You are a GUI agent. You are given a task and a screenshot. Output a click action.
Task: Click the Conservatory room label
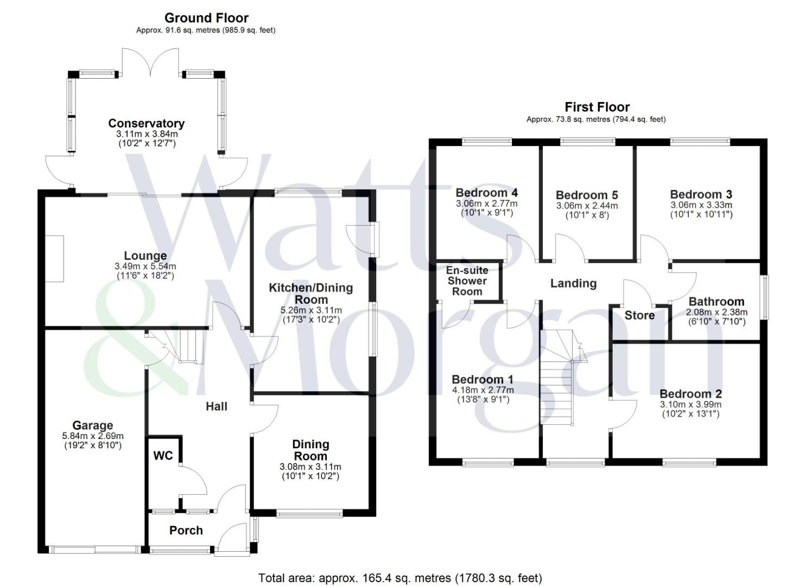146,124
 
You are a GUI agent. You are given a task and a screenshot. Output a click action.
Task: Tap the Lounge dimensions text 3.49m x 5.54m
145,266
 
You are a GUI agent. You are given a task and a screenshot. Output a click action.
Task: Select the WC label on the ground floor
163,456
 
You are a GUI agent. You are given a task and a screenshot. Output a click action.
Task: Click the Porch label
186,531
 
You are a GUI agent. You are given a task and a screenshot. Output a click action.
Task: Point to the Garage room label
93,426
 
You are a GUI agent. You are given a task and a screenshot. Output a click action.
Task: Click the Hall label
216,406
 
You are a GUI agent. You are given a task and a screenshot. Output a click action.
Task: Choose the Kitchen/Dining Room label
310,294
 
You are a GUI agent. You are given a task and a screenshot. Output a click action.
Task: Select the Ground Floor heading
206,18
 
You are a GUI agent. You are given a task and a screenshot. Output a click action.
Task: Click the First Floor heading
596,107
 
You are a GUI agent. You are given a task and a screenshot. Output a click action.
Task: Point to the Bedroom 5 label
587,195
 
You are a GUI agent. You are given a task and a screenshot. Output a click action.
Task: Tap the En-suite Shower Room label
467,281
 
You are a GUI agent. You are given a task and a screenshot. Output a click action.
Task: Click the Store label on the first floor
639,315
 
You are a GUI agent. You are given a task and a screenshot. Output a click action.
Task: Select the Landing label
573,283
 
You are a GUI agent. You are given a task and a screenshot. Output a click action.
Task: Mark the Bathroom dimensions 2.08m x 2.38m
716,313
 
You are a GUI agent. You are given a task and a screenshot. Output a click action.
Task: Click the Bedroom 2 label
690,394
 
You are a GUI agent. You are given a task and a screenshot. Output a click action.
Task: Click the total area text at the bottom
400,578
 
